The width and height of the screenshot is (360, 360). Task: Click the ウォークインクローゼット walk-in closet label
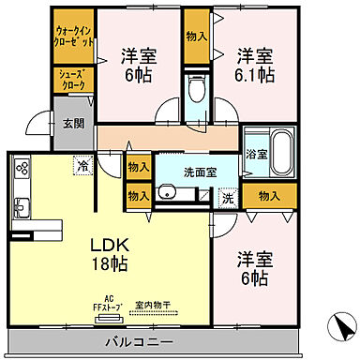pos(72,37)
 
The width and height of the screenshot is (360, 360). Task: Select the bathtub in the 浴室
pos(280,154)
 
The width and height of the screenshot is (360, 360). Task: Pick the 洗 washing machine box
pos(228,198)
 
